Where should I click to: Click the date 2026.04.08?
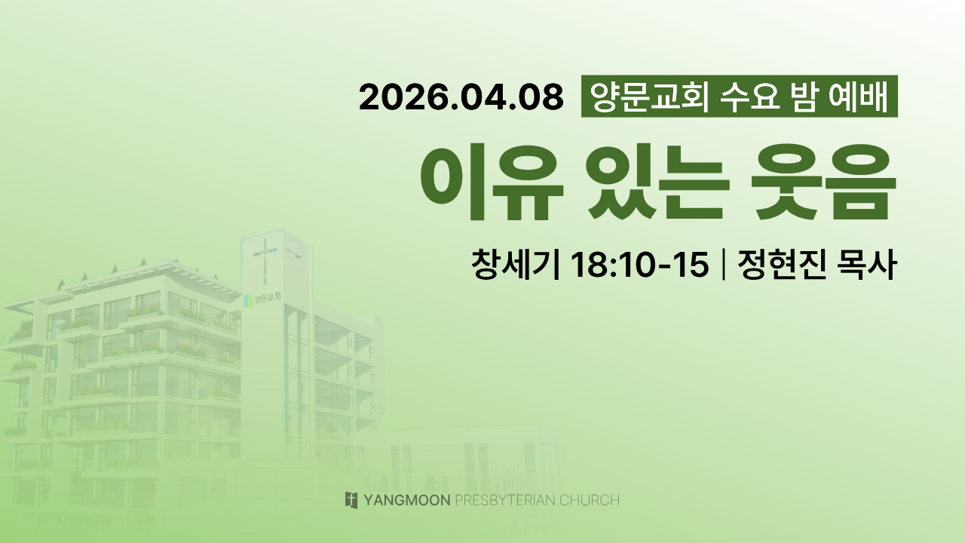pos(461,97)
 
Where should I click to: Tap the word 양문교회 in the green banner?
pos(649,97)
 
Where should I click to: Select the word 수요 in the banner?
pos(750,97)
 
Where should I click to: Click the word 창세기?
pos(516,264)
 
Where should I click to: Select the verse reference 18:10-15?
pos(639,264)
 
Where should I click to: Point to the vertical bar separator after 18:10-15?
pos(723,264)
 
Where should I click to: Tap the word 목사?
pos(866,264)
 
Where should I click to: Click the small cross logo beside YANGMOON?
pos(351,500)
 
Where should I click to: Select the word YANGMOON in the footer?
pos(407,500)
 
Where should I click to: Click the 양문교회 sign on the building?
pos(263,299)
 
